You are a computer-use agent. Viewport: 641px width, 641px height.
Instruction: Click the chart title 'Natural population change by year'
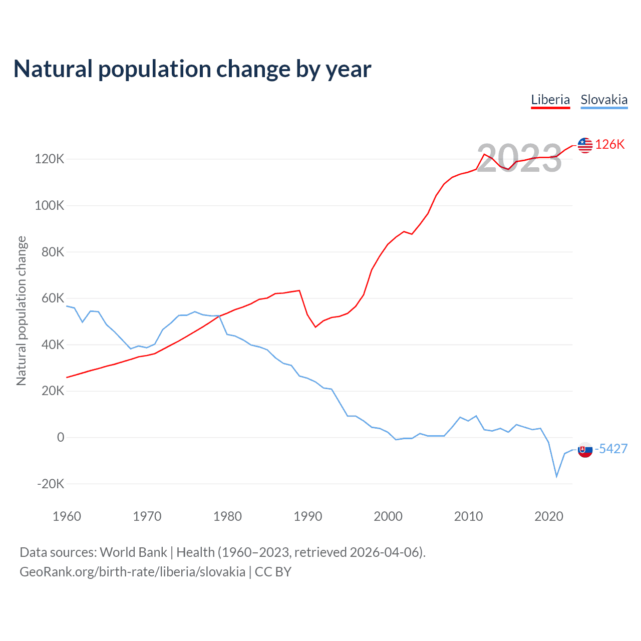tap(192, 69)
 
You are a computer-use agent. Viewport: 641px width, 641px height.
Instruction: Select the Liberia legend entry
tap(550, 100)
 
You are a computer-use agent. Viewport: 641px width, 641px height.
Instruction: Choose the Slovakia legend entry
tap(604, 100)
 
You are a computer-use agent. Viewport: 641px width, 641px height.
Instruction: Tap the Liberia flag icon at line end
tap(585, 145)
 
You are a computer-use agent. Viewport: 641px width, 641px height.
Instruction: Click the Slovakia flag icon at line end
tap(585, 450)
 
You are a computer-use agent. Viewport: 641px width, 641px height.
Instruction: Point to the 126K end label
tap(610, 144)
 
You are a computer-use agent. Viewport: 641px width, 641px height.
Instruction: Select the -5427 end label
tap(611, 449)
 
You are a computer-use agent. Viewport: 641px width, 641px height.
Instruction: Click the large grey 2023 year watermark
tap(519, 158)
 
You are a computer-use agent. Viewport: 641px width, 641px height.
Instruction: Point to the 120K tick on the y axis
tap(49, 159)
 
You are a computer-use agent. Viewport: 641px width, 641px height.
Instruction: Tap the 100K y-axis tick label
tap(49, 206)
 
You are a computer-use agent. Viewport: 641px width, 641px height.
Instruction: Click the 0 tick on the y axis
tap(61, 438)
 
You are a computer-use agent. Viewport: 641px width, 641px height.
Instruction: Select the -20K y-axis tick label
tap(51, 484)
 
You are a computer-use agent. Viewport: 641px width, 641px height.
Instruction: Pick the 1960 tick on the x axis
tap(67, 516)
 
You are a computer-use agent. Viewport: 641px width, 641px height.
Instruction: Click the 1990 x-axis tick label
tap(307, 516)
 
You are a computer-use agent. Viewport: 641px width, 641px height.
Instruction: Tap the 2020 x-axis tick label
tap(549, 516)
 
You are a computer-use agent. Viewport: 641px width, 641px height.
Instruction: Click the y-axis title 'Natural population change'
tap(21, 310)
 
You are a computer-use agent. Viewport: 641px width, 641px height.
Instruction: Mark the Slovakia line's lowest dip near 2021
tap(556, 476)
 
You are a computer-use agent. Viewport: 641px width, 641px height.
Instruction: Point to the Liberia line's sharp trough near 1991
tap(315, 327)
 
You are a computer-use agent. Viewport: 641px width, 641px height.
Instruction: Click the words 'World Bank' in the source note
tap(133, 552)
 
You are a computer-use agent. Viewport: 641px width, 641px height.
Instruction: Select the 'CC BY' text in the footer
tap(273, 572)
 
